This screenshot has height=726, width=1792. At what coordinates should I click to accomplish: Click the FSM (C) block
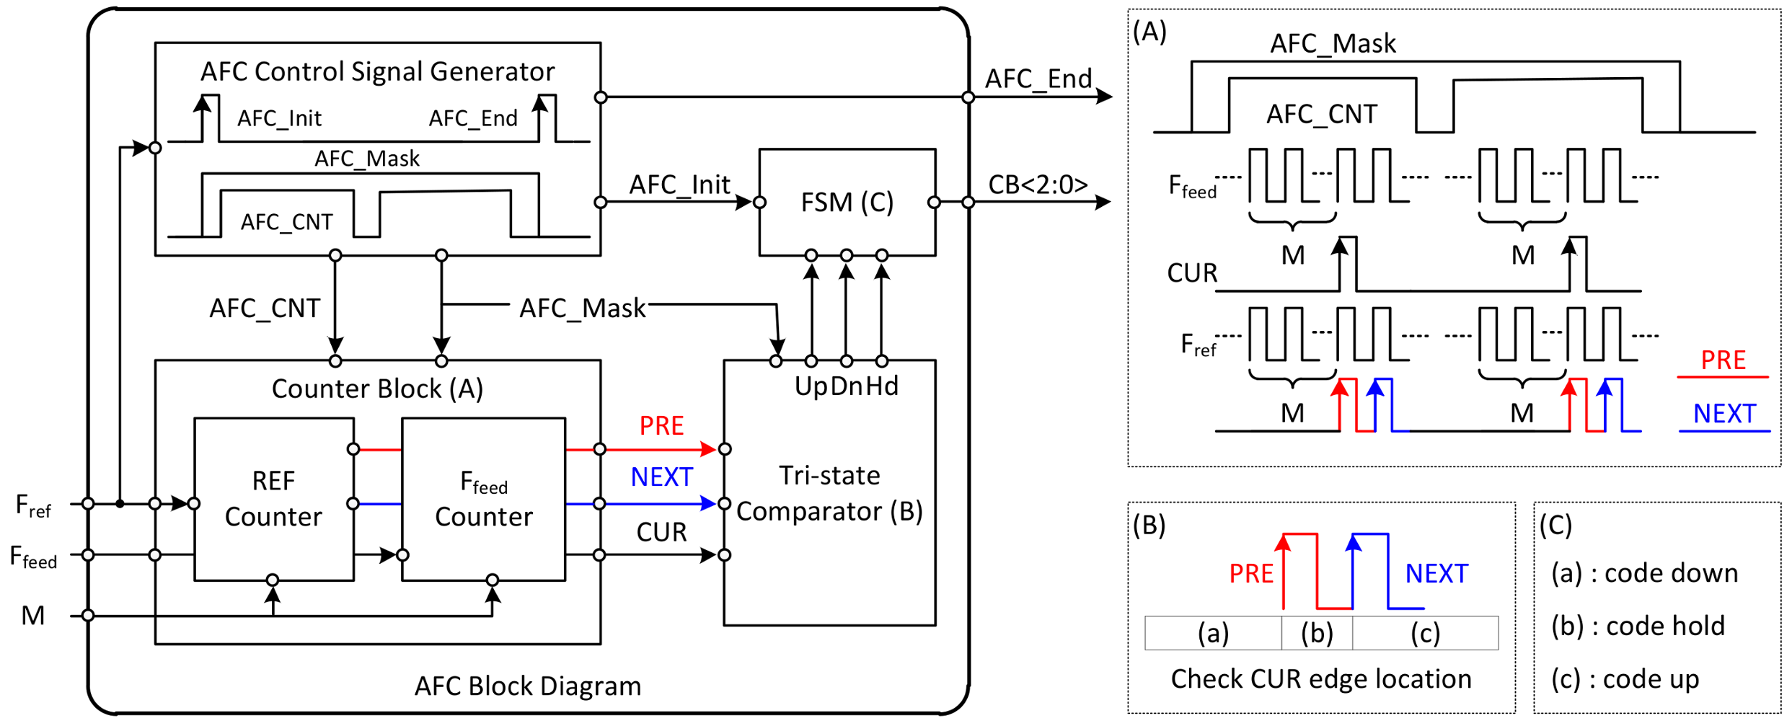847,203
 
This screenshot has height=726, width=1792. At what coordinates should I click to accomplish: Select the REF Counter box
273,499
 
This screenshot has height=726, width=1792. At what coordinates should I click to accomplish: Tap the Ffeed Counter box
483,499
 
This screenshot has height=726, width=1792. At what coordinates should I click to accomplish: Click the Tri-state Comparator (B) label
829,494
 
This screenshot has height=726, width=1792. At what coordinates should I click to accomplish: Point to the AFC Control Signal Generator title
377,71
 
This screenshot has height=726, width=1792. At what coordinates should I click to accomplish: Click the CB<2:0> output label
1037,185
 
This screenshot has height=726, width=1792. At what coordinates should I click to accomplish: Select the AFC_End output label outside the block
1038,79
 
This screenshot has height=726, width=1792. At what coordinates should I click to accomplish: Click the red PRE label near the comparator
661,426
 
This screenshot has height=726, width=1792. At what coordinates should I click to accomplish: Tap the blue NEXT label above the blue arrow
661,477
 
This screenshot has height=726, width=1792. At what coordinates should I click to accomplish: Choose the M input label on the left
32,616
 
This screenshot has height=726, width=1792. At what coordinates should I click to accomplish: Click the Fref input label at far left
33,506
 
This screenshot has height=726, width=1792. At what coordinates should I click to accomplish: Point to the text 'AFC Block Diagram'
527,686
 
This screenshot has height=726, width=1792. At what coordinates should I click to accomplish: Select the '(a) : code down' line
1644,573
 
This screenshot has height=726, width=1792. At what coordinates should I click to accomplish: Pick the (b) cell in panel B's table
1317,633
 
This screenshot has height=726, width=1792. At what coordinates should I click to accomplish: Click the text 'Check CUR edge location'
1320,679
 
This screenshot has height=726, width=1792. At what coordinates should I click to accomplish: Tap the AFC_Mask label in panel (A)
1333,44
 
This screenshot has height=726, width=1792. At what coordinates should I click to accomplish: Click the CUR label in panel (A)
1192,273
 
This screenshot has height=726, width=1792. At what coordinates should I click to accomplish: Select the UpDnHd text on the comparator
846,386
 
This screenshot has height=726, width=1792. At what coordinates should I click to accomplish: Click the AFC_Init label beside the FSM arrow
679,185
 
